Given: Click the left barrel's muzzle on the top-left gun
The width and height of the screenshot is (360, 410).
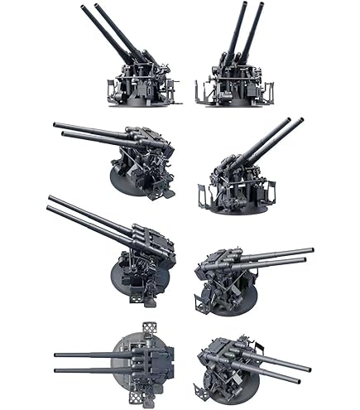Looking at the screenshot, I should coord(83,8).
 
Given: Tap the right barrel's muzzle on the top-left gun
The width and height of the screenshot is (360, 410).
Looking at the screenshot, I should coord(97,7).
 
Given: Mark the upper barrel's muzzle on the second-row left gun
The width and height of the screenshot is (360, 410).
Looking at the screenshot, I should coord(55,125).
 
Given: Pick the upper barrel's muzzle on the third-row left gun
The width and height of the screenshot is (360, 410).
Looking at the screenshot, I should coord(50,199).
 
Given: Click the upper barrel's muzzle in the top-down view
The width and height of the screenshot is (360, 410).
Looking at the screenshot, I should coord(55,355).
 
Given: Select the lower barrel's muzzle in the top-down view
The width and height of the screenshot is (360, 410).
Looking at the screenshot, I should coord(55,370).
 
